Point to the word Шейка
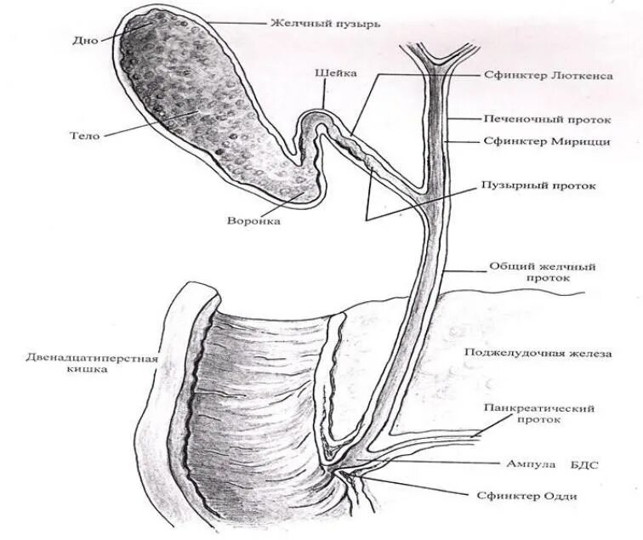[330, 74]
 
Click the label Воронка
[253, 221]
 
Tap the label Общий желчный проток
[542, 271]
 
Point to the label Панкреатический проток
[538, 414]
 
